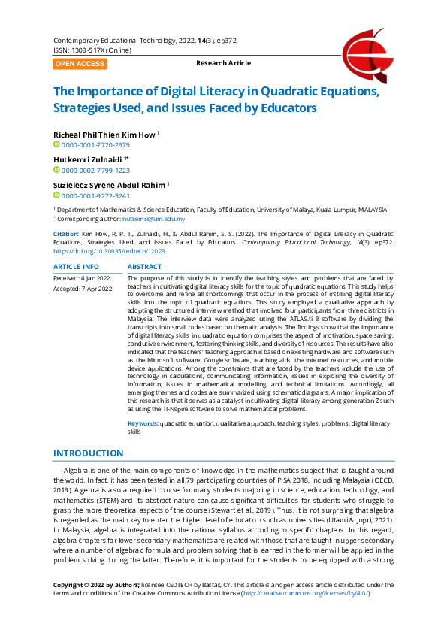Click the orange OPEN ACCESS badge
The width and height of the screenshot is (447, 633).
pos(80,64)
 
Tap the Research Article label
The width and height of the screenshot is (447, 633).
pos(223,64)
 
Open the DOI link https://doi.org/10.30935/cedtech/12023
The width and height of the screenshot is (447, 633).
pos(109,251)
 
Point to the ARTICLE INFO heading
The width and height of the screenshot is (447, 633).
pos(76,267)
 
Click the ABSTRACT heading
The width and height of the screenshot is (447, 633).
pos(145,267)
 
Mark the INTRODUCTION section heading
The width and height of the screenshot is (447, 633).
pos(88,453)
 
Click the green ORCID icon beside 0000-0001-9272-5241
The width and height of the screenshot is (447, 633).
pos(56,195)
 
